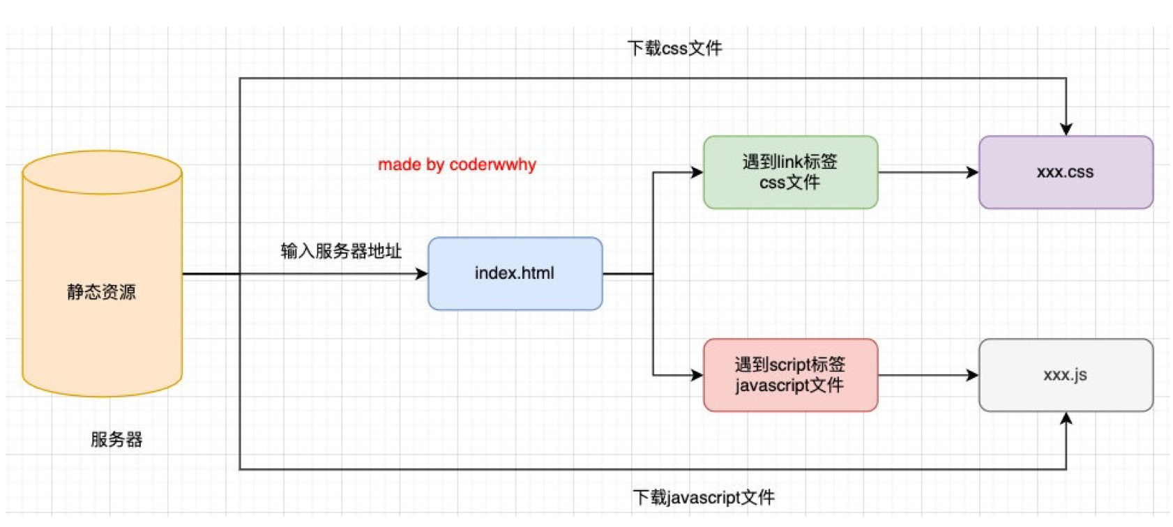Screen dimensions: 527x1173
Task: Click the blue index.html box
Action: pos(515,273)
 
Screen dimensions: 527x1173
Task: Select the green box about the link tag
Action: pos(789,172)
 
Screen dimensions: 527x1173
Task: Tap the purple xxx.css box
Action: pos(1065,172)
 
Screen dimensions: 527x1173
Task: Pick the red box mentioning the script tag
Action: pos(789,375)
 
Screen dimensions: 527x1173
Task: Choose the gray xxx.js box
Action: pos(1065,375)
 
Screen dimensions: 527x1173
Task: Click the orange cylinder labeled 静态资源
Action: pos(102,291)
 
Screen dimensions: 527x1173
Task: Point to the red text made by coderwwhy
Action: pos(457,165)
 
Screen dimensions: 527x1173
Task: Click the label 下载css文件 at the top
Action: pos(674,48)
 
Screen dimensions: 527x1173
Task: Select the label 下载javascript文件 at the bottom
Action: pos(703,497)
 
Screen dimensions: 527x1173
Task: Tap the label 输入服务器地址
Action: pos(341,251)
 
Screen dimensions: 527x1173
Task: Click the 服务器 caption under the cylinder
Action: pos(116,439)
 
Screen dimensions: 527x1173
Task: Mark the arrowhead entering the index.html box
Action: pos(421,274)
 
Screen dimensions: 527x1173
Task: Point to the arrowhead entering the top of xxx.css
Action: pos(1066,129)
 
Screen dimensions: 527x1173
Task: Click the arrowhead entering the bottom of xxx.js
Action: pos(1066,418)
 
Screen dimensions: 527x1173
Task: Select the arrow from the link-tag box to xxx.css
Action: pos(928,172)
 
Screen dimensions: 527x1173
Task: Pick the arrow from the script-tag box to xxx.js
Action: pos(928,375)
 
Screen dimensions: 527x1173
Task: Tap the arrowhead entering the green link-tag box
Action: pos(697,172)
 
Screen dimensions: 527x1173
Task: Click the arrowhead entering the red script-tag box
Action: pos(697,375)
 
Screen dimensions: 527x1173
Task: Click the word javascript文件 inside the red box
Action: pos(789,385)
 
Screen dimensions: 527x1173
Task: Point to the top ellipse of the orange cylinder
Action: pos(102,171)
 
